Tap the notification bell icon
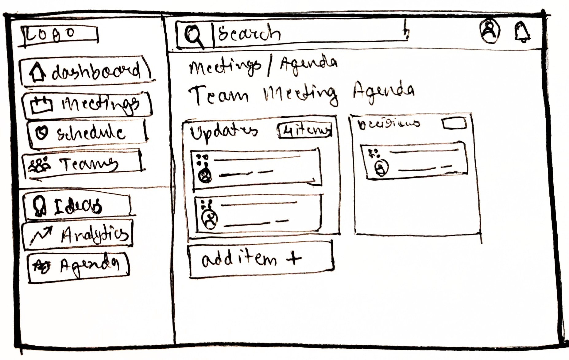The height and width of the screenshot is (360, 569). [x=522, y=32]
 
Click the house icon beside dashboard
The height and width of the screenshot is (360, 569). [x=37, y=72]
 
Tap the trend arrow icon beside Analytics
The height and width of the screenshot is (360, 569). [x=42, y=235]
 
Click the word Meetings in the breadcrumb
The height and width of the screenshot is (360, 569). [x=224, y=67]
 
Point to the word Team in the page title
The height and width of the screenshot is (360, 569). [x=218, y=95]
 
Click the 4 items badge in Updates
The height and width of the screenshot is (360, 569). [x=305, y=131]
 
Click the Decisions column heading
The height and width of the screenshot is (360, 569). [x=389, y=124]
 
